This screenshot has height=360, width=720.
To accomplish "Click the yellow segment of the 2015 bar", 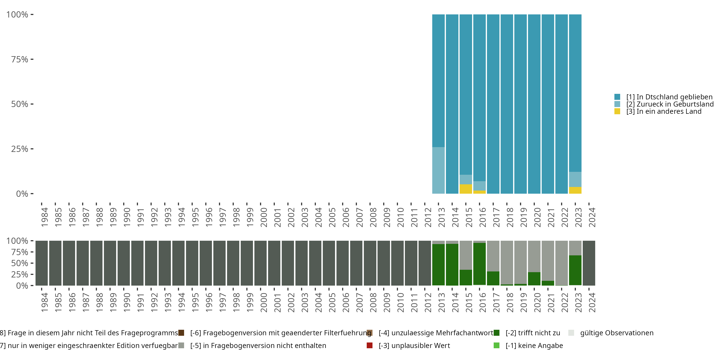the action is tap(466, 189).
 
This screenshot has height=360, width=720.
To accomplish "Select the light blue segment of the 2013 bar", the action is tap(438, 170).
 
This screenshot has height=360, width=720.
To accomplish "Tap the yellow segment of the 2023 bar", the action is tap(575, 190).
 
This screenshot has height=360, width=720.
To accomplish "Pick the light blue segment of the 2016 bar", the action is tap(479, 186).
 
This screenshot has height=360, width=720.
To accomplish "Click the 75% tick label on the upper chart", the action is tap(20, 59).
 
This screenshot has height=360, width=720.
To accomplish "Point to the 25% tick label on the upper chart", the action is tap(20, 149).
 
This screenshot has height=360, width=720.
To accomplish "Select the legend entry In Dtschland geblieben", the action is tap(669, 97).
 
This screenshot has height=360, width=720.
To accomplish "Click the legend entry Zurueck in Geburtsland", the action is tap(670, 104).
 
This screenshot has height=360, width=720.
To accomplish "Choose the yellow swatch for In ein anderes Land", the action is tap(617, 111).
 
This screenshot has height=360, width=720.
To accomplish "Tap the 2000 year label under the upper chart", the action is tap(264, 217).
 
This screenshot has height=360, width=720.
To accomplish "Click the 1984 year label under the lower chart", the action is tap(45, 302).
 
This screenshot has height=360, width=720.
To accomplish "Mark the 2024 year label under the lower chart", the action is tap(592, 302).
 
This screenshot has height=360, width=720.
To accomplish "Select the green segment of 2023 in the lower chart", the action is tap(575, 270).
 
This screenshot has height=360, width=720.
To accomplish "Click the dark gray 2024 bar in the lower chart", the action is tap(589, 263).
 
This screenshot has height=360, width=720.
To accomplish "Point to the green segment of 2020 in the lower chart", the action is tap(534, 279).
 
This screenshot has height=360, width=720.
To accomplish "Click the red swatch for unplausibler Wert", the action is tap(370, 345).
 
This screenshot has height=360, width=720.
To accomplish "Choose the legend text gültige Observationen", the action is tap(617, 333).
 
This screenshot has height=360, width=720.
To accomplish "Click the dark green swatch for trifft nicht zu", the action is tap(497, 333).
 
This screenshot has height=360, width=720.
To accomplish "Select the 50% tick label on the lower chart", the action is tap(20, 263).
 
